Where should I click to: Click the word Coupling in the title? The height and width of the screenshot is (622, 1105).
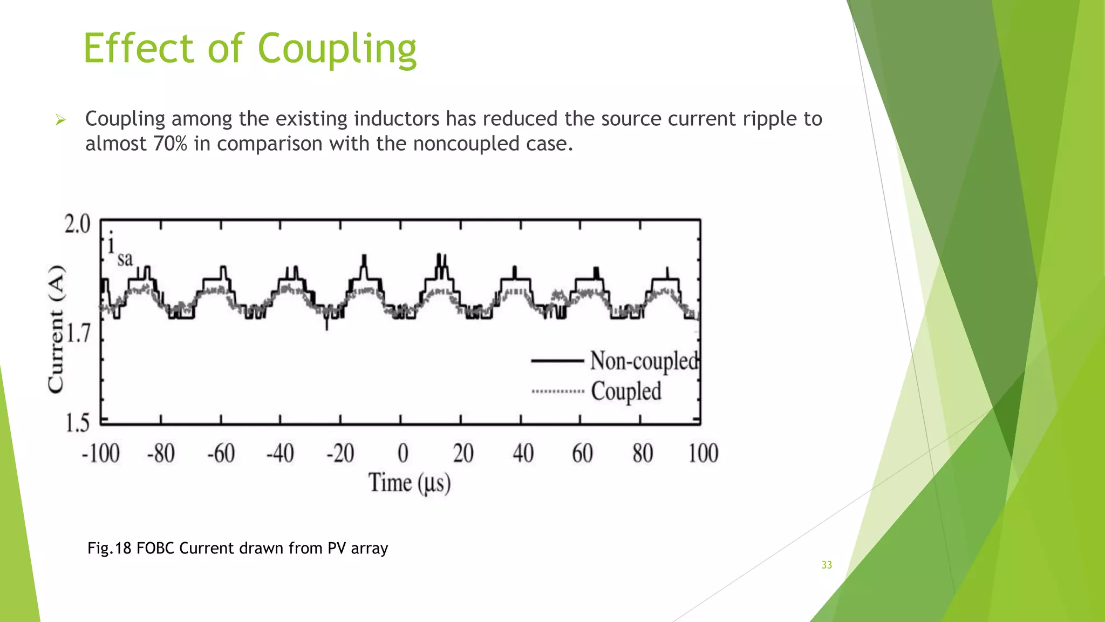click(x=337, y=49)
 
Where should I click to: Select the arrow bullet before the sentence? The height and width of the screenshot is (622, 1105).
click(x=60, y=120)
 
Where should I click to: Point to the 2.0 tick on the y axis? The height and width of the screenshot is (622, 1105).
click(x=77, y=224)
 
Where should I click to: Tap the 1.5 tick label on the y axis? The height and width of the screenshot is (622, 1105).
click(x=77, y=423)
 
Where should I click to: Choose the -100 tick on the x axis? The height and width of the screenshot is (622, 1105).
click(x=101, y=453)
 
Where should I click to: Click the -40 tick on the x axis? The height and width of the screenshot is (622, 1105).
click(x=280, y=453)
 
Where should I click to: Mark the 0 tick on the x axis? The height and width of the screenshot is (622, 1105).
click(x=403, y=453)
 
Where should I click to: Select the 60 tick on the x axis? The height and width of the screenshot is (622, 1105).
click(x=582, y=453)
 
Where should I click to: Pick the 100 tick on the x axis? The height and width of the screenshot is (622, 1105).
click(x=703, y=453)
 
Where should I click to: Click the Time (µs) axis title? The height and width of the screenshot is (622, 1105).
click(x=410, y=482)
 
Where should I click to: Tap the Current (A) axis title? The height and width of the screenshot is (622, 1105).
click(x=56, y=329)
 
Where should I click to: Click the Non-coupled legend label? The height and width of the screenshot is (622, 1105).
click(x=644, y=361)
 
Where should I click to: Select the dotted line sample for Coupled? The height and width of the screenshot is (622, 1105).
click(x=558, y=391)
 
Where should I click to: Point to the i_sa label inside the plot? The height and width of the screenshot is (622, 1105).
click(x=119, y=251)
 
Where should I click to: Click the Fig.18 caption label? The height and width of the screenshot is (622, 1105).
click(x=110, y=549)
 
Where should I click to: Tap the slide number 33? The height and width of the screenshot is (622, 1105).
click(x=827, y=565)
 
